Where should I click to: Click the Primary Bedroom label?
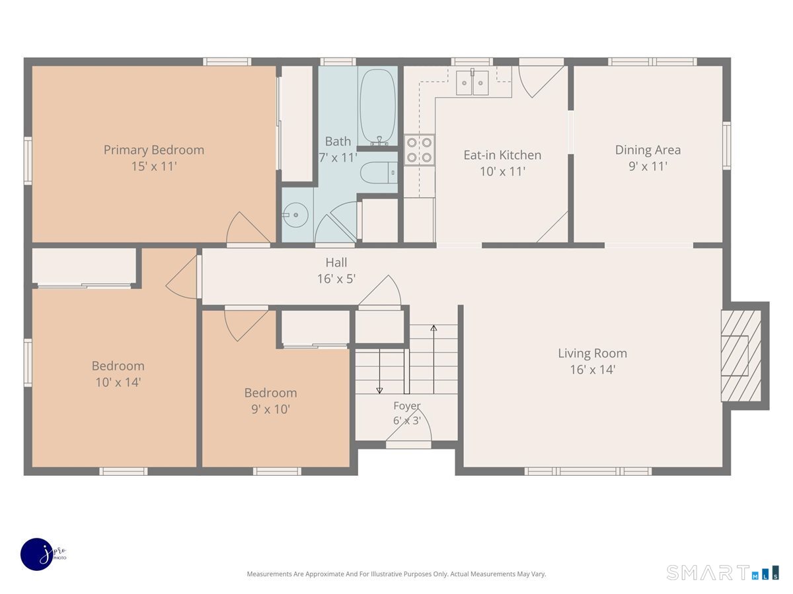click(x=154, y=150)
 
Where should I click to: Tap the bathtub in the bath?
click(x=377, y=107)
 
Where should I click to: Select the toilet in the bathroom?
click(x=379, y=173)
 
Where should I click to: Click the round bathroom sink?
click(x=295, y=215)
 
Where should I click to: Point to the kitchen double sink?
click(x=472, y=82)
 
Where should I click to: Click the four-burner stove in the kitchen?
click(x=419, y=150)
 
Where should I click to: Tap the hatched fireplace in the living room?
click(x=741, y=356)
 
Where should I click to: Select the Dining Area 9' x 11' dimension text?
click(x=648, y=166)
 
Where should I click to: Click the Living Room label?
click(x=593, y=353)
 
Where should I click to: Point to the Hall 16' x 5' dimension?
click(x=336, y=279)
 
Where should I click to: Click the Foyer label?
click(x=407, y=406)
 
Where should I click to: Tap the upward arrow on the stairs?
click(x=434, y=359)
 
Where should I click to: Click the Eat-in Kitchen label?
click(x=502, y=155)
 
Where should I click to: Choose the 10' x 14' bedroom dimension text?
click(x=118, y=382)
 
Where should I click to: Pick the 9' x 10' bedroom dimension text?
click(x=270, y=409)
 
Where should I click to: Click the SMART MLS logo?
click(x=722, y=572)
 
